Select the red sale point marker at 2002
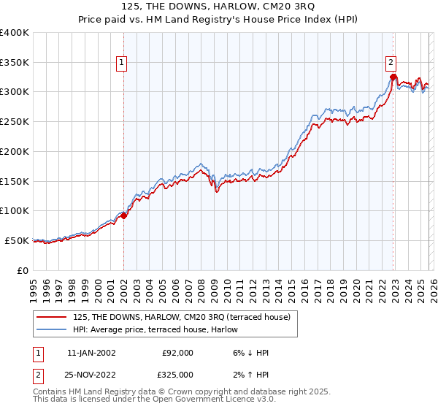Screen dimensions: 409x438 click(123, 215)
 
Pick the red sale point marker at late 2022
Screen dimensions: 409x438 click(393, 77)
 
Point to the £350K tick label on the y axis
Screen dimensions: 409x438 click(15, 63)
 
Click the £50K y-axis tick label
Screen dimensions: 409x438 click(17, 240)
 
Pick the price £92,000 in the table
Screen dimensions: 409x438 click(177, 353)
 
